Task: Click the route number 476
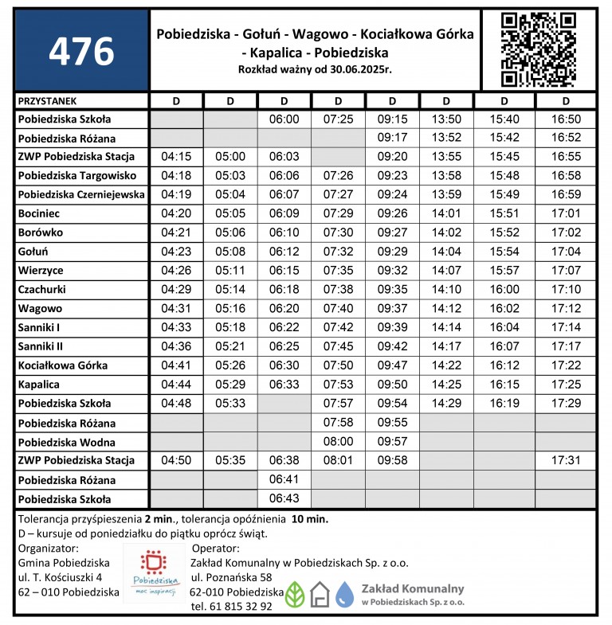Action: point(81,51)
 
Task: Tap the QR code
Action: point(539,49)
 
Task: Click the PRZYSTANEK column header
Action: point(47,101)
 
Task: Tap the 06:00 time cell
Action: point(284,119)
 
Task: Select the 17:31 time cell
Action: point(565,461)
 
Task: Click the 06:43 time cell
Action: point(284,499)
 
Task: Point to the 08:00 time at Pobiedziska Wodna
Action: point(338,442)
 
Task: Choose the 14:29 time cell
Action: point(445,404)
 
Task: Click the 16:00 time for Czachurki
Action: point(504,290)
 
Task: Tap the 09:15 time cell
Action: point(392,119)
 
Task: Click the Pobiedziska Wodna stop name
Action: point(67,442)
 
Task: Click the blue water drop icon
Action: point(344,593)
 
